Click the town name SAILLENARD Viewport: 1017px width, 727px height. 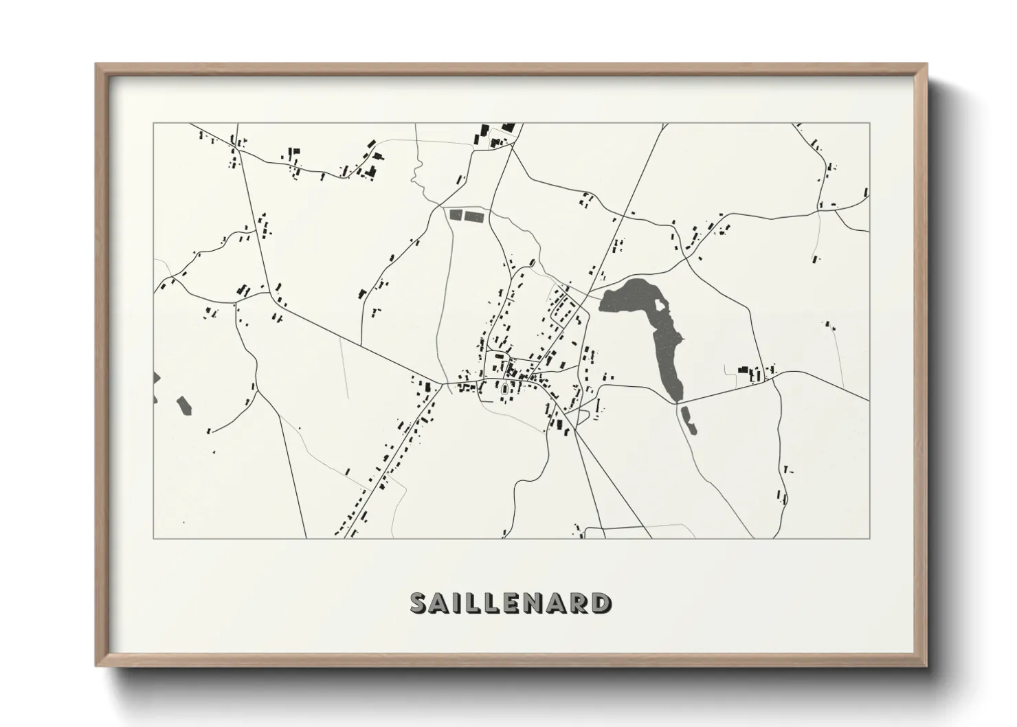tap(510, 603)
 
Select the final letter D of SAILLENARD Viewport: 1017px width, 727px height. tap(601, 603)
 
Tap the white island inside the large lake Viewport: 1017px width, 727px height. tap(660, 304)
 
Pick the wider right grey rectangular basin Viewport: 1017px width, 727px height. tap(474, 216)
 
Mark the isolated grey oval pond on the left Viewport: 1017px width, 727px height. tap(183, 406)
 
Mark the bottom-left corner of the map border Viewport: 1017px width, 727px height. tap(153, 538)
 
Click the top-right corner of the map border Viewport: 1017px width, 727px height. tap(870, 124)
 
